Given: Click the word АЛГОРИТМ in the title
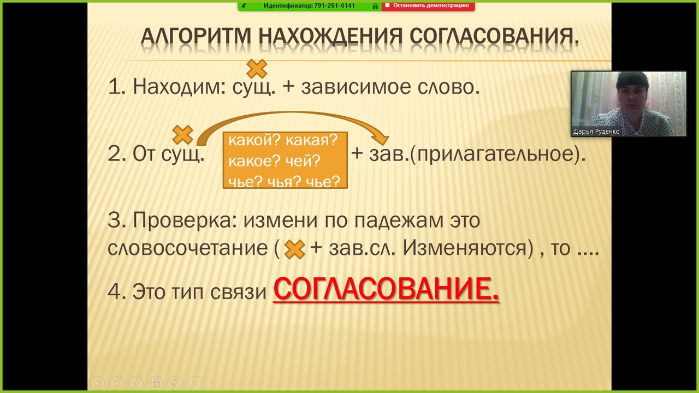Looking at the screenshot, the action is (196, 37).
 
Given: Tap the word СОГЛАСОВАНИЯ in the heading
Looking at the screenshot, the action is (495, 37).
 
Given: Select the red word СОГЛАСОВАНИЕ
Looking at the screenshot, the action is (386, 289).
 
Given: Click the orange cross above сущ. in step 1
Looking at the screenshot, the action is (257, 69).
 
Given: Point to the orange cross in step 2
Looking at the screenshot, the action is (182, 135).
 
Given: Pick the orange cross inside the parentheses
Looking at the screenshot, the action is (294, 249).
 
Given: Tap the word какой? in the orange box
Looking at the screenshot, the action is (255, 140).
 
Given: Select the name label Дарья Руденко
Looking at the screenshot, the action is (596, 132).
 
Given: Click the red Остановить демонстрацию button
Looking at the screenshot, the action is (428, 5).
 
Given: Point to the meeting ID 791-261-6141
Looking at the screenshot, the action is (331, 5).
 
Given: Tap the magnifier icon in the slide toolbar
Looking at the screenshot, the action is (175, 383).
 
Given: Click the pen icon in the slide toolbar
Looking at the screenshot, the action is (136, 383).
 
